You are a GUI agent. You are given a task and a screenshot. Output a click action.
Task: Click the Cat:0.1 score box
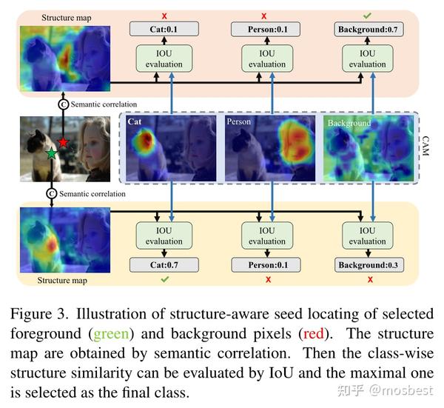[x=164, y=29]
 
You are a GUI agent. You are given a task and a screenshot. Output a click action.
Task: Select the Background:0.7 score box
[x=369, y=29]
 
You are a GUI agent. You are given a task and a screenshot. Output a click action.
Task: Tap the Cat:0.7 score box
[x=164, y=265]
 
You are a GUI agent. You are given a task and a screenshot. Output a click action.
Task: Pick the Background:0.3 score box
[x=369, y=265]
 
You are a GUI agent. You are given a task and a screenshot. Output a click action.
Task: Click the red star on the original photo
[x=63, y=142]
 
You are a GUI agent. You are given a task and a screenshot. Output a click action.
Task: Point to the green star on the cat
[x=52, y=153]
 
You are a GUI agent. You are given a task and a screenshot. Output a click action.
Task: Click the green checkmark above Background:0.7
[x=367, y=16]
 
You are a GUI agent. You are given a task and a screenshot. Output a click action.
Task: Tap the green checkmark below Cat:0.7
[x=164, y=280]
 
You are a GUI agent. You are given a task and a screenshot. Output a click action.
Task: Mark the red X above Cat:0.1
[x=164, y=16]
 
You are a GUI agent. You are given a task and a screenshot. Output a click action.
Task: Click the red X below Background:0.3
[x=370, y=280]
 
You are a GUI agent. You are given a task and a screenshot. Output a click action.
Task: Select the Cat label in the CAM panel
[x=135, y=122]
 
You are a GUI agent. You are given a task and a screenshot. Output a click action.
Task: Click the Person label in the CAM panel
[x=239, y=122]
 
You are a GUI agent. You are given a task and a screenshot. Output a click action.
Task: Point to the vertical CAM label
[x=425, y=146]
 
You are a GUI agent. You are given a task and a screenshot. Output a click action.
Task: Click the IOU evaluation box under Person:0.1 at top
[x=267, y=58]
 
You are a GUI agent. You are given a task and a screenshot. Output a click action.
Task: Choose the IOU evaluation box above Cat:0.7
[x=164, y=235]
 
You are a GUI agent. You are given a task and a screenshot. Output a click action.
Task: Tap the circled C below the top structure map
[x=63, y=104]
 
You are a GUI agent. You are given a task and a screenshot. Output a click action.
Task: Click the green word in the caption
[x=111, y=333]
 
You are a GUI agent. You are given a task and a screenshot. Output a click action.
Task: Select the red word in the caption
[x=314, y=333]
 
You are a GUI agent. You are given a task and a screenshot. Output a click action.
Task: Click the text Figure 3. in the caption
[x=39, y=314]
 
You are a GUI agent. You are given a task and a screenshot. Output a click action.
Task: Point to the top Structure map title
[x=67, y=18]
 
